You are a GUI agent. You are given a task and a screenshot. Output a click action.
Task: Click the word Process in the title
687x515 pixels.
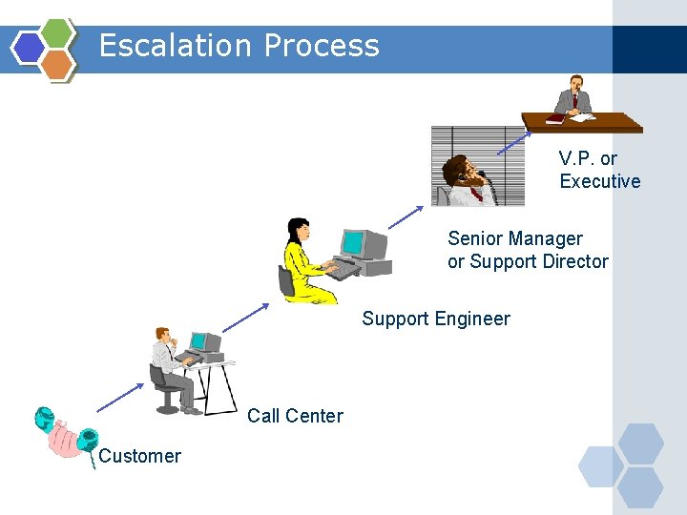coord(322,46)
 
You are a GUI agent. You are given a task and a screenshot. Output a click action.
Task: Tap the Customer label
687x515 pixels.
coord(139,456)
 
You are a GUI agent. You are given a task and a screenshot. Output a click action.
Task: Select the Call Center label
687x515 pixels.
coord(295,416)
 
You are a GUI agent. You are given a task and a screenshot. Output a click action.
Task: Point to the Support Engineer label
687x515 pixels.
coord(435,319)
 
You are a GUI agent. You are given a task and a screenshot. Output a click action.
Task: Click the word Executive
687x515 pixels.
coord(599,181)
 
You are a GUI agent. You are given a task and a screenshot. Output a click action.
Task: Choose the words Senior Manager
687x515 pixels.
coord(515,238)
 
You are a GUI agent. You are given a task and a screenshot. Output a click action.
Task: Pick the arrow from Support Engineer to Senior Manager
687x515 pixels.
coord(406,216)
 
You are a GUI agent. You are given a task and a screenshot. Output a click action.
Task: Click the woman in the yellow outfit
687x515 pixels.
coord(303,262)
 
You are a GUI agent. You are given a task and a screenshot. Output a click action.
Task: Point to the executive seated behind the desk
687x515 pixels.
coord(574,95)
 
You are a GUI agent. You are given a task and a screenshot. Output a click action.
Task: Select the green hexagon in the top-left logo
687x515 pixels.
coord(58,33)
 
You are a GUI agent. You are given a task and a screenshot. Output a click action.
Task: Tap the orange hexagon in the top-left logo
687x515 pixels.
coord(58,64)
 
